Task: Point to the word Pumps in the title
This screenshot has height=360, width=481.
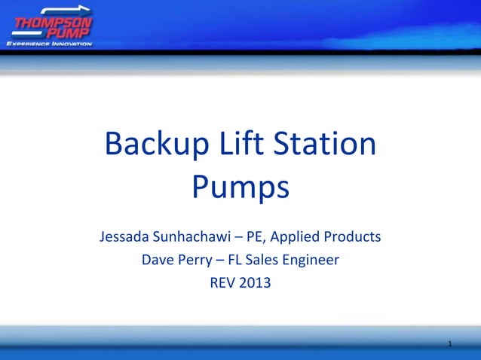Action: click(240, 188)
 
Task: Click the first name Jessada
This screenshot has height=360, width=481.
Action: click(126, 237)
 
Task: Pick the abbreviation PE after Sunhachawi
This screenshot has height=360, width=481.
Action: click(256, 237)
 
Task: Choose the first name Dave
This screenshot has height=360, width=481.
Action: click(157, 261)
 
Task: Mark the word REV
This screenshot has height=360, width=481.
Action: click(222, 284)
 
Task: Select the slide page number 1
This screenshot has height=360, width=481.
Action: click(449, 345)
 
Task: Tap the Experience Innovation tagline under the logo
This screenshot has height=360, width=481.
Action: click(49, 44)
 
